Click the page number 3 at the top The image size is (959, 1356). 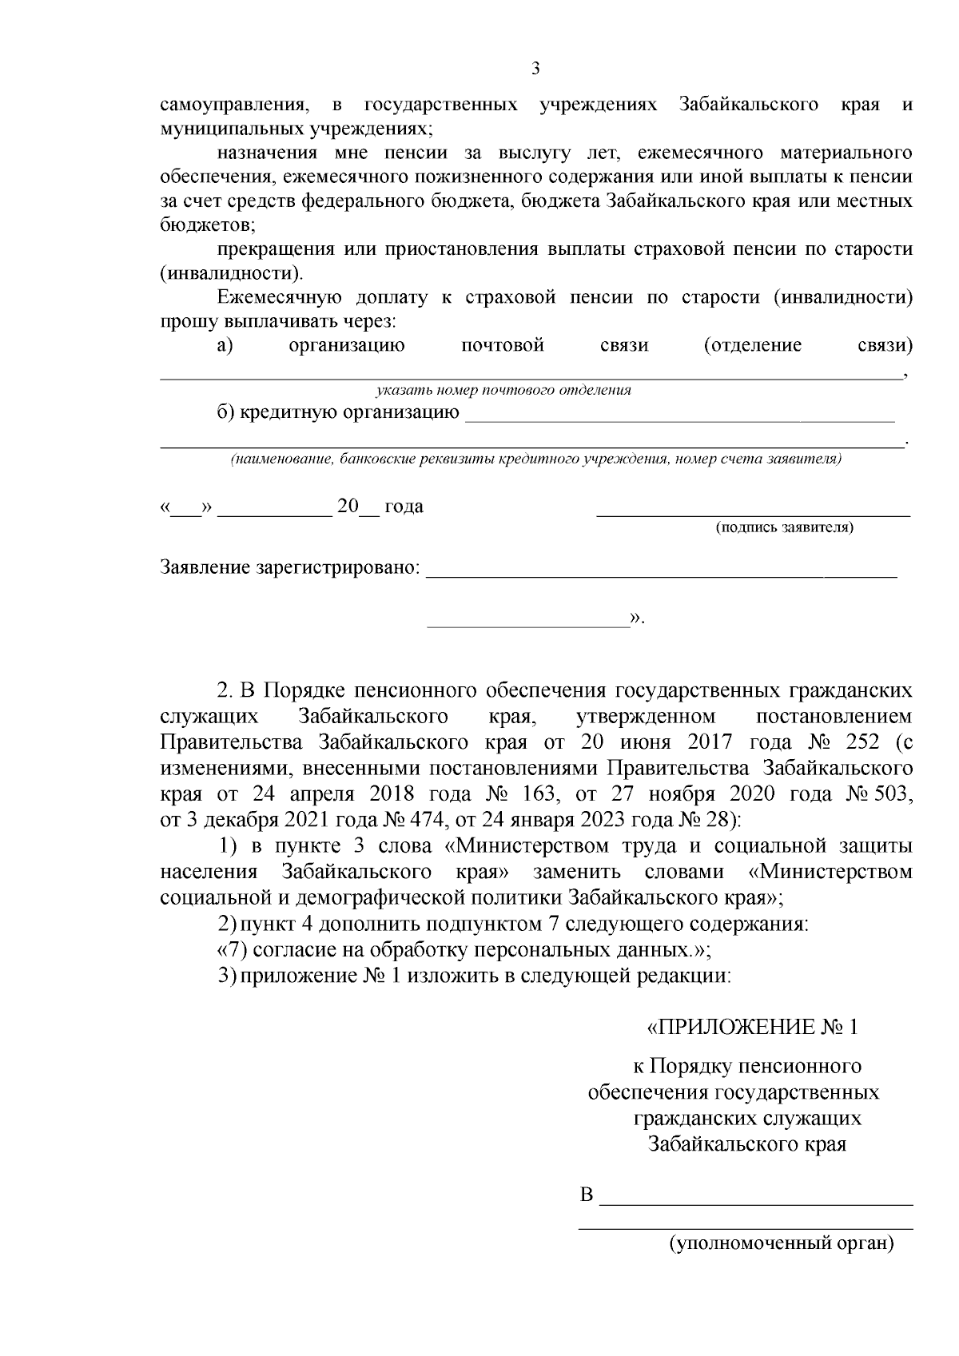(x=535, y=69)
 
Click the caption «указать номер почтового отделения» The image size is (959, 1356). (x=503, y=391)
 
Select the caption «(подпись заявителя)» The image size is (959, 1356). (x=784, y=527)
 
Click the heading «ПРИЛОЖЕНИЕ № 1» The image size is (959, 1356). (x=752, y=1027)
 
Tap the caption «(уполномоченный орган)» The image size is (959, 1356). (x=781, y=1266)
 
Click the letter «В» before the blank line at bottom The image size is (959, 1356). (x=587, y=1196)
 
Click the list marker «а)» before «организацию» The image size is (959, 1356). (x=225, y=345)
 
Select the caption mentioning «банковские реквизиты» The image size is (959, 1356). (x=535, y=459)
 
